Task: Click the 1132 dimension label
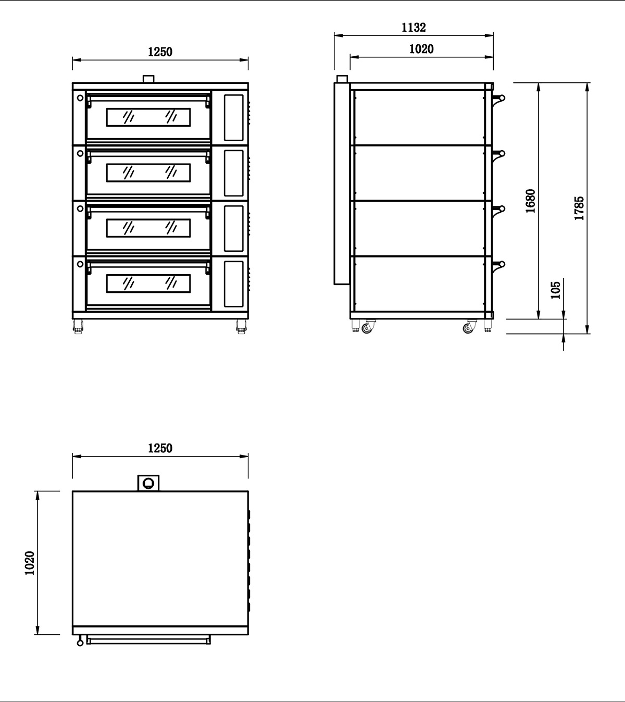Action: (x=414, y=28)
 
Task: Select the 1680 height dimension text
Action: (x=531, y=201)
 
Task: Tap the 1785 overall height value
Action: (x=579, y=208)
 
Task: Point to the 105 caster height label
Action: (x=555, y=290)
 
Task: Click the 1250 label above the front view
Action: (x=160, y=52)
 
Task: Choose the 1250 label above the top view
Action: (x=160, y=448)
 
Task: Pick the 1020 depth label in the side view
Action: (x=421, y=49)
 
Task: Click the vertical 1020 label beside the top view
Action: (x=30, y=563)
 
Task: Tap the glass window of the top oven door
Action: (x=148, y=117)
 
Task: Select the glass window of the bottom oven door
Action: (x=148, y=284)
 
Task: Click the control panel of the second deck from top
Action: (x=234, y=173)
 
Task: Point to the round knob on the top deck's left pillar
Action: (x=80, y=97)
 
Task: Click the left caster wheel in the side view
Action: (x=367, y=328)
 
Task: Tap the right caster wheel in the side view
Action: (x=468, y=328)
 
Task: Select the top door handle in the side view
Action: (x=499, y=98)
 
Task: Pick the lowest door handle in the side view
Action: (x=499, y=265)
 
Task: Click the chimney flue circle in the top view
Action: (x=148, y=483)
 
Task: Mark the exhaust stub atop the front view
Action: (x=148, y=79)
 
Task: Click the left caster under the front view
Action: (x=78, y=327)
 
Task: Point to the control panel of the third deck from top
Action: (x=234, y=228)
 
